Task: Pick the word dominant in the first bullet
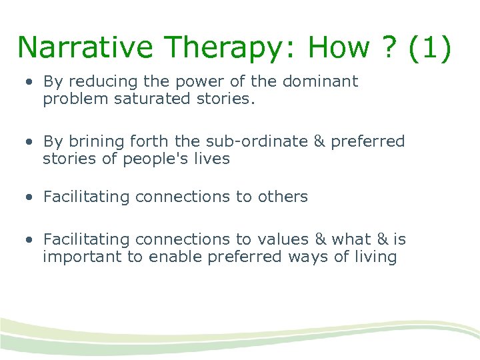pyautogui.click(x=321, y=81)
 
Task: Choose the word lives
pyautogui.click(x=213, y=159)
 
